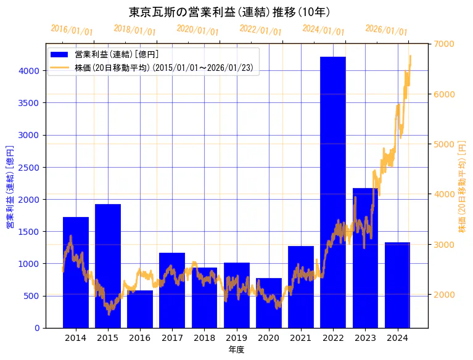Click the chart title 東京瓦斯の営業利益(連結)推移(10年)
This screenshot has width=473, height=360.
229,12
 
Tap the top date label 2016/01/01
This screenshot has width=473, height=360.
72,30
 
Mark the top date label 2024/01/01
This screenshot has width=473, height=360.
323,30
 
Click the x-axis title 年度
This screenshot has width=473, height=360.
236,350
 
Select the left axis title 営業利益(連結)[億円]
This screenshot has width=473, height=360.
10,187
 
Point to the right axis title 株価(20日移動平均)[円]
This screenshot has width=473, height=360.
462,187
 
